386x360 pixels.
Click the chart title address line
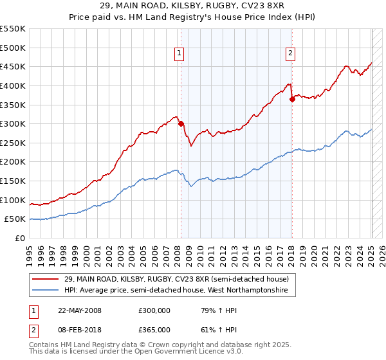(192, 5)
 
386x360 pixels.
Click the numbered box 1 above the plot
(178, 54)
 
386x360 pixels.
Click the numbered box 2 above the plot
(291, 54)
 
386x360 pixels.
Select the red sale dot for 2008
(181, 123)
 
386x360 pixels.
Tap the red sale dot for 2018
(292, 99)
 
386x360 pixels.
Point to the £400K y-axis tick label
(13, 85)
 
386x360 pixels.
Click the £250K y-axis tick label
(13, 143)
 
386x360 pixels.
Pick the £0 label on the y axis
(20, 238)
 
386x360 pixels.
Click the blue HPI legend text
(179, 291)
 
